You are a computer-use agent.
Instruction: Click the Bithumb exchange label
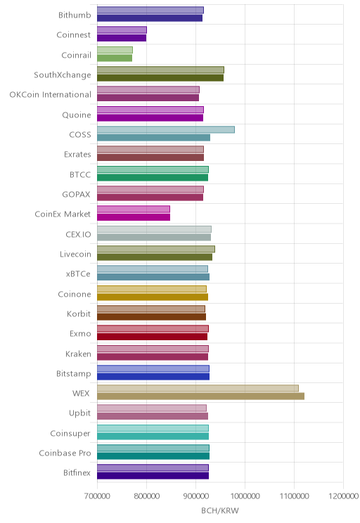[x=75, y=15]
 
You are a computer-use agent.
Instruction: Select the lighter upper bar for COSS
[x=166, y=130]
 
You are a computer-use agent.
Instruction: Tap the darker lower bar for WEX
[x=200, y=396]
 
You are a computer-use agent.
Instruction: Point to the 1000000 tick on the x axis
[x=245, y=496]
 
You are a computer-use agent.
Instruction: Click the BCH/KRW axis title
[x=220, y=510]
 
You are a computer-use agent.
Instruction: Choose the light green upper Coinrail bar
[x=115, y=50]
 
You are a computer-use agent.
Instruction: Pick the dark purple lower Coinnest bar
[x=122, y=38]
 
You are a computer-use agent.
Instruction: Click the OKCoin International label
[x=50, y=95]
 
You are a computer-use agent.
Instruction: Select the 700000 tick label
[x=97, y=496]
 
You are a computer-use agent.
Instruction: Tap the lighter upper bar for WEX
[x=198, y=388]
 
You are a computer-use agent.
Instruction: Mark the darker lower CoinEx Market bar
[x=134, y=217]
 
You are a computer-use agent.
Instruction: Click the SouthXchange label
[x=63, y=75]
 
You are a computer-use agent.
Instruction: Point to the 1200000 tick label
[x=343, y=496]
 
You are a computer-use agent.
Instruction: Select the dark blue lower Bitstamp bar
[x=153, y=377]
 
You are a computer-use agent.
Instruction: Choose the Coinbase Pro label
[x=65, y=453]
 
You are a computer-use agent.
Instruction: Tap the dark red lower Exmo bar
[x=152, y=337]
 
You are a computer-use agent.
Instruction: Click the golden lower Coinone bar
[x=153, y=297]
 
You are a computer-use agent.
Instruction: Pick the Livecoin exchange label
[x=75, y=254]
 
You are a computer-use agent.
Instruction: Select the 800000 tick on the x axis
[x=146, y=496]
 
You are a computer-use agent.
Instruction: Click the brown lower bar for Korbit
[x=151, y=317]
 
